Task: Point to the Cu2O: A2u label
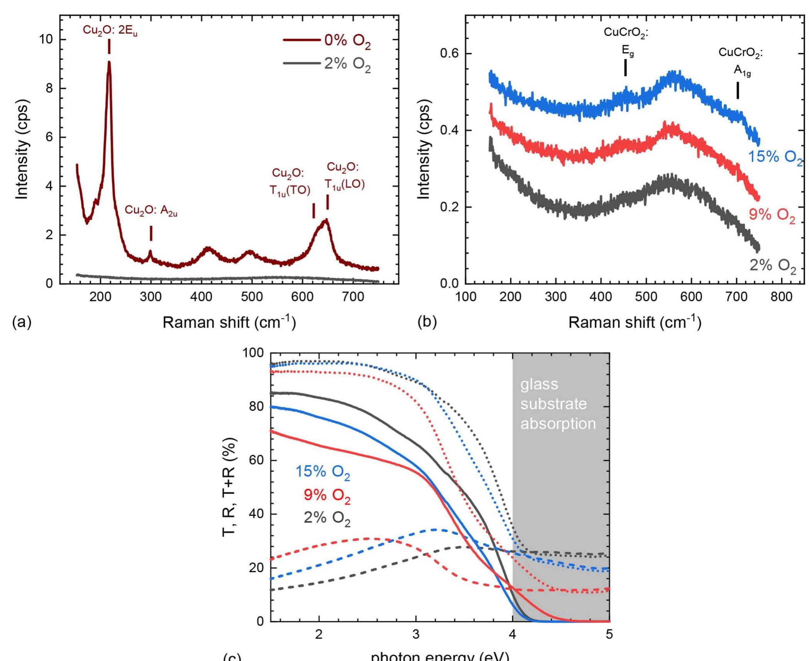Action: [151, 211]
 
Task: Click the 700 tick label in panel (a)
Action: [353, 297]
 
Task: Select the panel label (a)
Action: [22, 321]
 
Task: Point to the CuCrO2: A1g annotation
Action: [741, 62]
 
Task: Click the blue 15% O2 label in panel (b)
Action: [775, 157]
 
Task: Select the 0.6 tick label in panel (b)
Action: [449, 53]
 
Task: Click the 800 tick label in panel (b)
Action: [781, 297]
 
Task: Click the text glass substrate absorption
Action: [558, 404]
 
